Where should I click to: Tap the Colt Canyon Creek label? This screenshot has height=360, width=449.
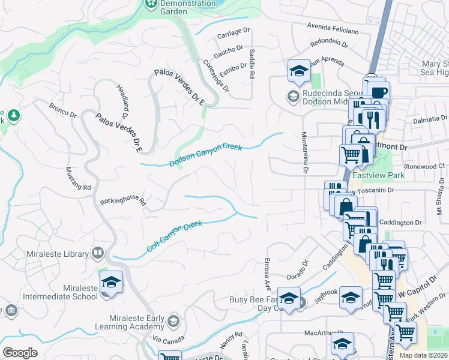pyautogui.click(x=175, y=236)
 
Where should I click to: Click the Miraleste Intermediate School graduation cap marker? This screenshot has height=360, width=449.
pyautogui.click(x=111, y=283)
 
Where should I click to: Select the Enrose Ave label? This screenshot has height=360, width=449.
pyautogui.click(x=265, y=272)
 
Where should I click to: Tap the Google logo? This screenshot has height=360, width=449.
pyautogui.click(x=20, y=353)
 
